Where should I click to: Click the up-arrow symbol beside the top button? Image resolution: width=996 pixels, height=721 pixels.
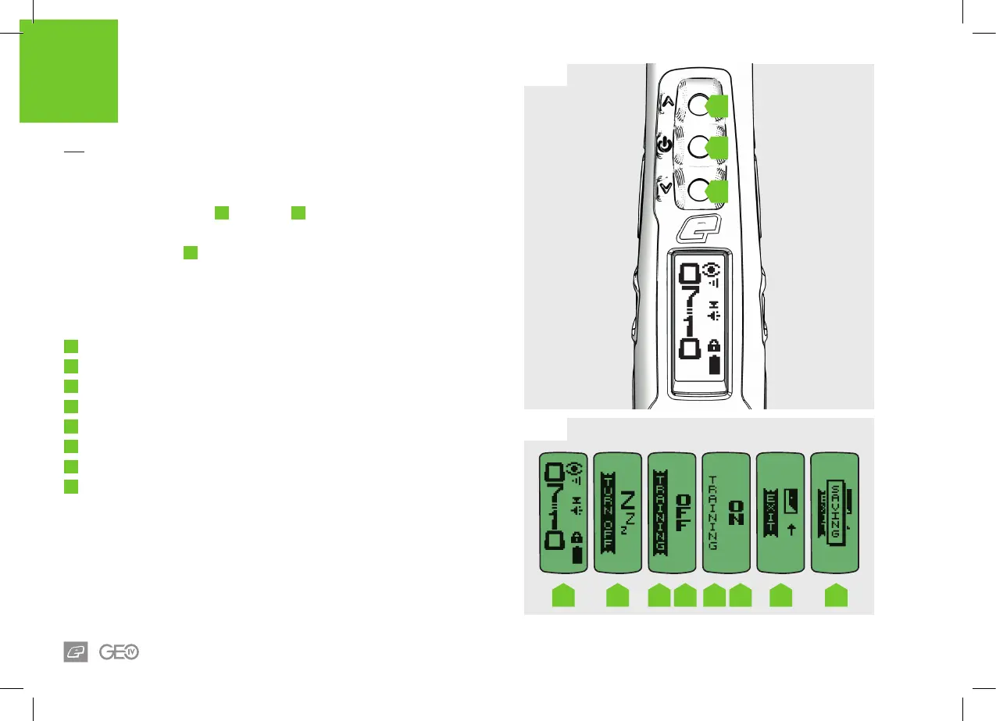click(666, 102)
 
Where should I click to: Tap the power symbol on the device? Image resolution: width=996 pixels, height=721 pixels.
click(663, 145)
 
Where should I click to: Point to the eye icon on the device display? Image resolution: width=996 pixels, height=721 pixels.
click(711, 270)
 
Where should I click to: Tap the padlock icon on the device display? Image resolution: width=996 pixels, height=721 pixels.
click(712, 346)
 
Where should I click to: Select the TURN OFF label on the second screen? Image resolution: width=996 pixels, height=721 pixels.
click(606, 512)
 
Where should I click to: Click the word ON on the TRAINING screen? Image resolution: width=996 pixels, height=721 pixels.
click(737, 512)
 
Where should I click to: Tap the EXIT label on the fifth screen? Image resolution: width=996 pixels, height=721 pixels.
click(770, 512)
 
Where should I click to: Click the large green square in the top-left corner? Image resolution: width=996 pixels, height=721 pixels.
click(69, 72)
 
